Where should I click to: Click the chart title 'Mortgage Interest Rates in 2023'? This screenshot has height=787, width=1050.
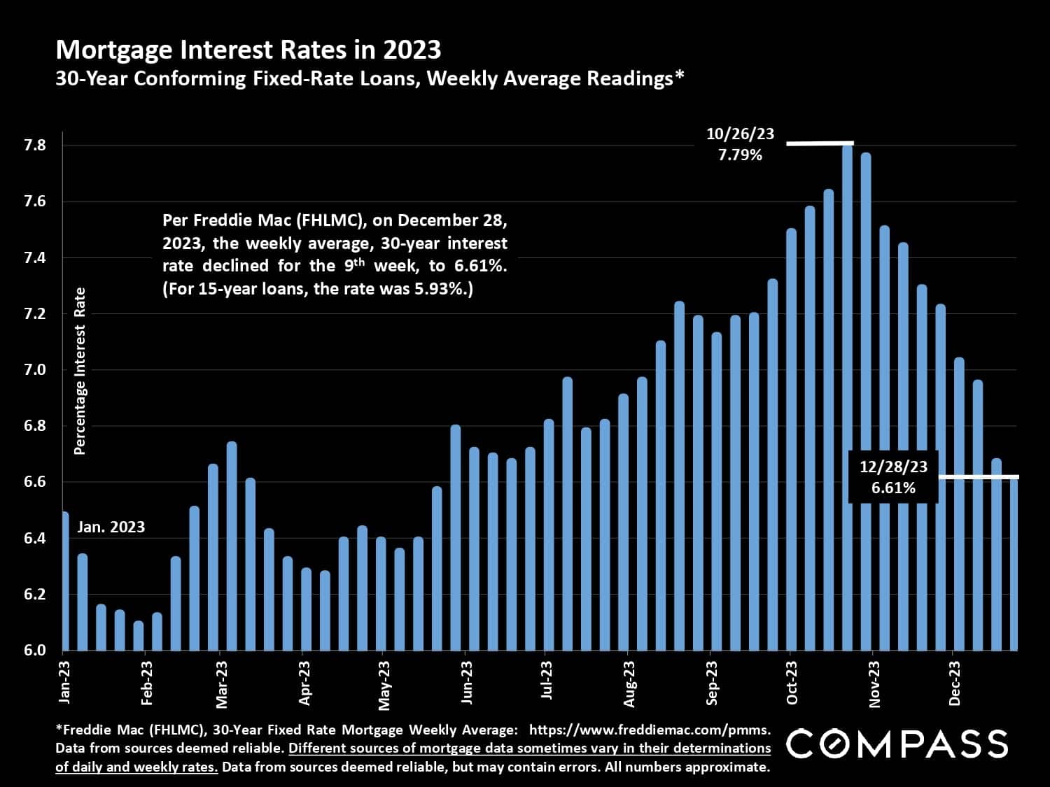pos(248,50)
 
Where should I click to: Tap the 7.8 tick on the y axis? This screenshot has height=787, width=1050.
pos(35,146)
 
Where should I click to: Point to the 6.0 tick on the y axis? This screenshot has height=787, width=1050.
pos(35,650)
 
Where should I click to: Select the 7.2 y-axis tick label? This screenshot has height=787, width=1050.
pos(35,313)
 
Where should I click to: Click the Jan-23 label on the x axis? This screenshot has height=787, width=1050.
pos(64,682)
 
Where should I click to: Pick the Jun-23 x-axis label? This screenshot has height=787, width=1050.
pos(466,682)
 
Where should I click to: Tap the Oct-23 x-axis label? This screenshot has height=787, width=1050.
pos(792,682)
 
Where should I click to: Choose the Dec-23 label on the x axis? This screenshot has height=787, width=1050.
pos(954,682)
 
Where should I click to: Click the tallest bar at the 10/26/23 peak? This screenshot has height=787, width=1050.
pos(847,399)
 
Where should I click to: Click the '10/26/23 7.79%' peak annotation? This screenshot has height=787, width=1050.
pos(740,144)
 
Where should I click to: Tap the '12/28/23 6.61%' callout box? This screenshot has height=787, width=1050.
pos(893,477)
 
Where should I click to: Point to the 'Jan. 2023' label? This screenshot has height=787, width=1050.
pos(111,527)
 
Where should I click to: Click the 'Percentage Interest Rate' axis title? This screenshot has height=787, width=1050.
pos(80,371)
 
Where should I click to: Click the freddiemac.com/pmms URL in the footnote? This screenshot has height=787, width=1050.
pos(649,730)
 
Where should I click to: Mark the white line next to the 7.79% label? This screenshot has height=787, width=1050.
pos(820,143)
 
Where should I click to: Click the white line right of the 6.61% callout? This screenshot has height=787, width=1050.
pos(978,477)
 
